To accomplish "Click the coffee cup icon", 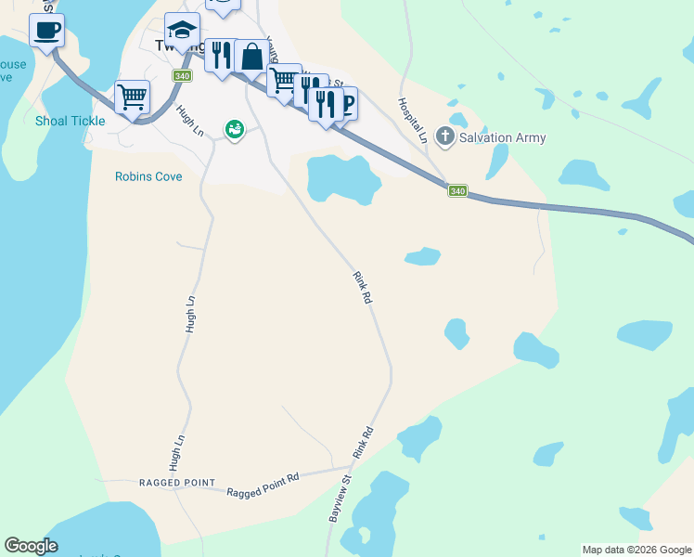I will click(46, 30).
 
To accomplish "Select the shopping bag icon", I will click(251, 57).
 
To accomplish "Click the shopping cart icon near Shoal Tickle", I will click(133, 97).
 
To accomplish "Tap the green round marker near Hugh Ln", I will click(235, 130).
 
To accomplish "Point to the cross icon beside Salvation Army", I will click(446, 137).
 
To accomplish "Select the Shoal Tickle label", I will click(71, 121).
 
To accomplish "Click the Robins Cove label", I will click(148, 176).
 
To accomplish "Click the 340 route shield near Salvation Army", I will click(456, 191).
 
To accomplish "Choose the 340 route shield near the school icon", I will click(182, 75).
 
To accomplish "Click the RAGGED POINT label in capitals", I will click(176, 484).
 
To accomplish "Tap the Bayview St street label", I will click(340, 499).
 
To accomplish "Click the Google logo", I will click(31, 546).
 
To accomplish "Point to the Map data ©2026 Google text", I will click(636, 550).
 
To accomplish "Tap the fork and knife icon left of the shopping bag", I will click(221, 57).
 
